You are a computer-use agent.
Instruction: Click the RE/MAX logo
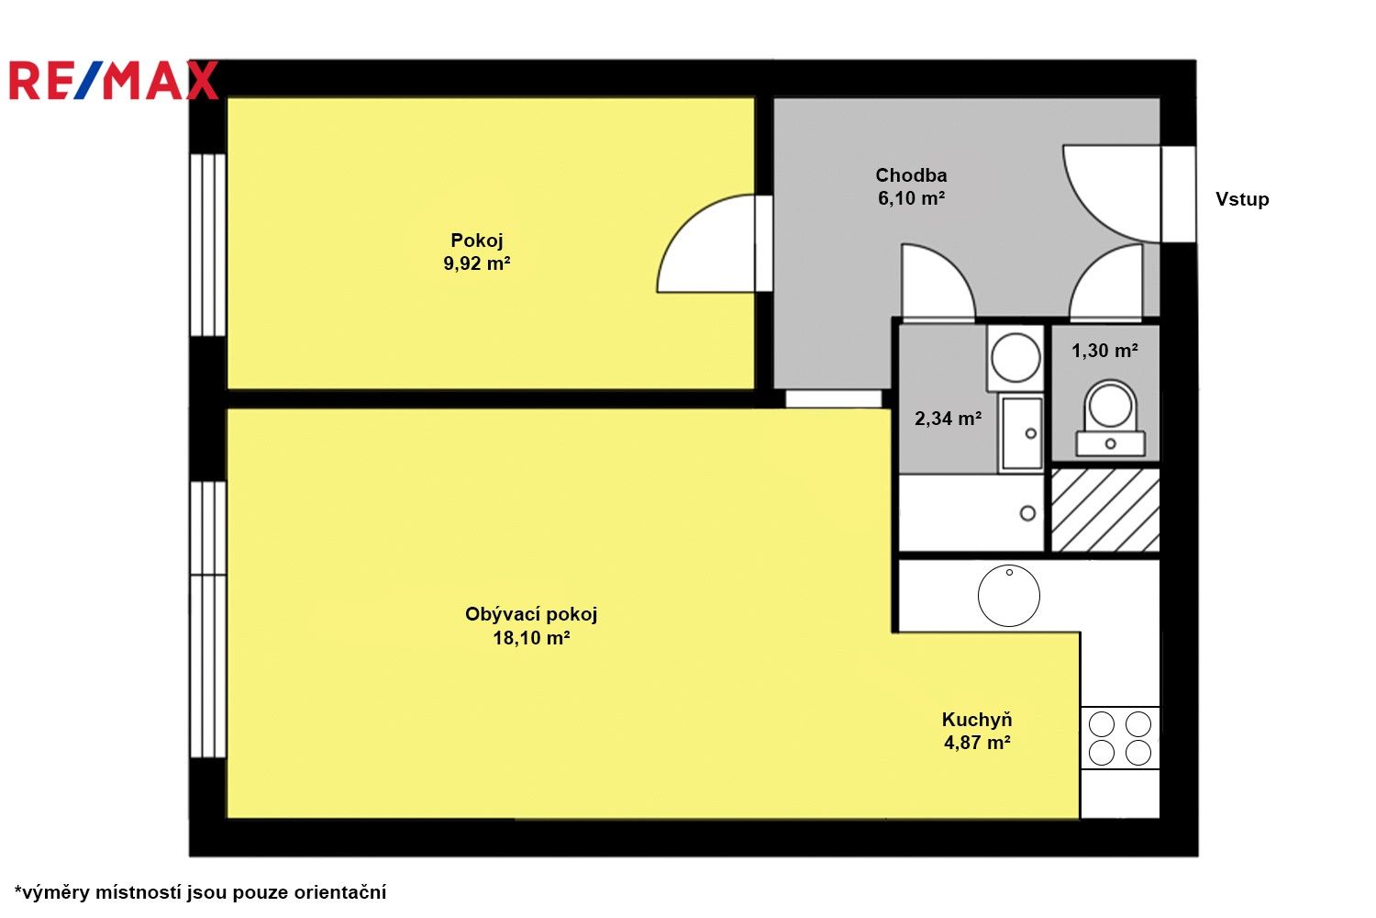[114, 81]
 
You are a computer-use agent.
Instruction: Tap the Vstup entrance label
[1242, 199]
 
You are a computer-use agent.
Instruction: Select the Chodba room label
[911, 174]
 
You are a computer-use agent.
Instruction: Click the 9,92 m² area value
[477, 264]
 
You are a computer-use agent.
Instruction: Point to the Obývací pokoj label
[531, 614]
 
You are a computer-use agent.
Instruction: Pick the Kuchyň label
[977, 720]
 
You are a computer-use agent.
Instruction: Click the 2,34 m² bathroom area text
[948, 419]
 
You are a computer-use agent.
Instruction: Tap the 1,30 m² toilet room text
[1104, 351]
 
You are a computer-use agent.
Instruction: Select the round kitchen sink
[1009, 595]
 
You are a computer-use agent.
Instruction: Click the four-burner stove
[1120, 738]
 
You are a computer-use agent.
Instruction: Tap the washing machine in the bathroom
[1015, 357]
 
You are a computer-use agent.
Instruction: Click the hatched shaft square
[1105, 510]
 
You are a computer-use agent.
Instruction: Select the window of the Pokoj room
[207, 244]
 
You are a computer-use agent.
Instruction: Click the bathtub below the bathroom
[971, 512]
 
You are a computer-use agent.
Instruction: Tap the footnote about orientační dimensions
[200, 891]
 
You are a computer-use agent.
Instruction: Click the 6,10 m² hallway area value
[911, 198]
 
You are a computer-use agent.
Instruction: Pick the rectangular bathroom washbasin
[1020, 432]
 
